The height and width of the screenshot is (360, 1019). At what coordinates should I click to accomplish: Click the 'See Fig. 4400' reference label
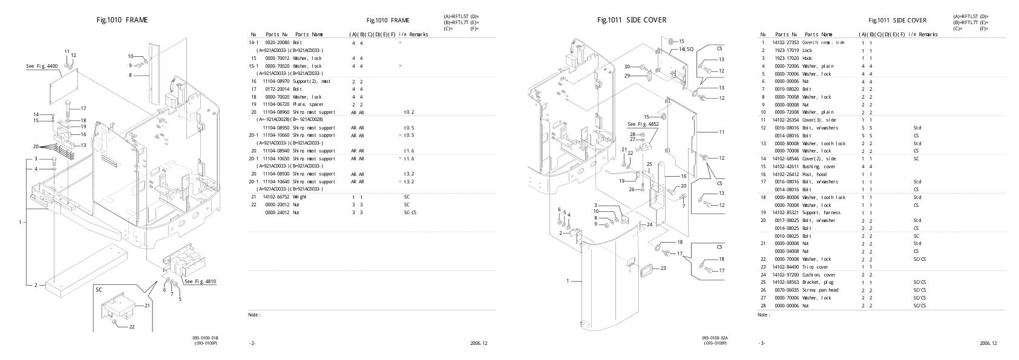click(40, 65)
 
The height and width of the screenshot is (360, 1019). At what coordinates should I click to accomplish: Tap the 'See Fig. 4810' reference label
click(200, 281)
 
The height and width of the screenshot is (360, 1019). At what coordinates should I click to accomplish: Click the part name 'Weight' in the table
click(301, 197)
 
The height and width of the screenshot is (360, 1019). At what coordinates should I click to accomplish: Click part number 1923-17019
click(785, 50)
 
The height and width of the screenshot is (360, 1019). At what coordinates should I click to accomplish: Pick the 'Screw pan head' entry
click(820, 290)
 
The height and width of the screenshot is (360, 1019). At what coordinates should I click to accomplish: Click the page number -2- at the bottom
click(252, 344)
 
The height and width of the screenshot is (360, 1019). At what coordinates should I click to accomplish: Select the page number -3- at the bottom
click(761, 344)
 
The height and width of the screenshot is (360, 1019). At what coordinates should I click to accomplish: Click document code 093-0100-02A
click(715, 338)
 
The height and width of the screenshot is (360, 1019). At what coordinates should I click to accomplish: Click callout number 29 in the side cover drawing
click(627, 76)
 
